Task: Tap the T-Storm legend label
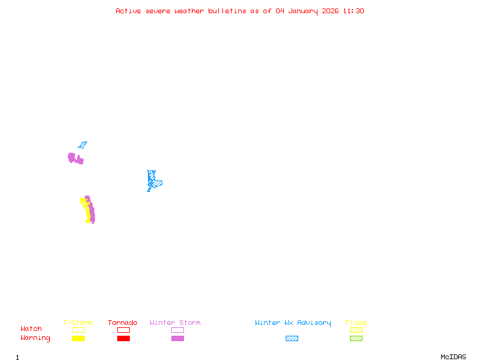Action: (78, 322)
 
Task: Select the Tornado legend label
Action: (123, 322)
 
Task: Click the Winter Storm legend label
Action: (175, 322)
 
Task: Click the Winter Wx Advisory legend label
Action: (293, 322)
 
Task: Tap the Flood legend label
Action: (356, 322)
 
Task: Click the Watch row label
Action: (31, 329)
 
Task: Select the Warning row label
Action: (35, 338)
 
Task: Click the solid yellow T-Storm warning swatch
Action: (78, 339)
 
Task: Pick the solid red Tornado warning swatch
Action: (123, 339)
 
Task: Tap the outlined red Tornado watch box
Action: (123, 330)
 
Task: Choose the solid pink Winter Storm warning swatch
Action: (177, 339)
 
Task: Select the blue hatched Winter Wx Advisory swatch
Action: (292, 339)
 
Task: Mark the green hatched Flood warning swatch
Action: (356, 339)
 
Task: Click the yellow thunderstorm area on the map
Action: (87, 211)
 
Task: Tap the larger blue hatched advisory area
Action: (153, 180)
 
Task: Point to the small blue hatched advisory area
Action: (82, 145)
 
